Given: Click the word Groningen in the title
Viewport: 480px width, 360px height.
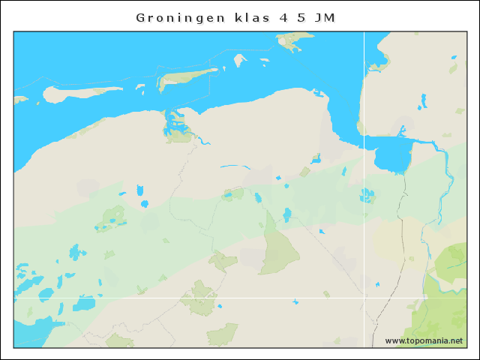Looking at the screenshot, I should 180,17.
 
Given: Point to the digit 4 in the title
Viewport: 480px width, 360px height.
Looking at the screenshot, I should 283,17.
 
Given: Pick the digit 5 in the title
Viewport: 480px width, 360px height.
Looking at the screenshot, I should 301,17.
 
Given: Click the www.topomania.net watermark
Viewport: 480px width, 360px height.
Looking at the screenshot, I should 424,340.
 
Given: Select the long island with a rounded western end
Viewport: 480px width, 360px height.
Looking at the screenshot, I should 75,94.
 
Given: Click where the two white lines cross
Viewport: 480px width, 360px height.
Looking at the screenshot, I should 364,298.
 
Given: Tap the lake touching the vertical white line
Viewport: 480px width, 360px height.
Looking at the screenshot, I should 367,196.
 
